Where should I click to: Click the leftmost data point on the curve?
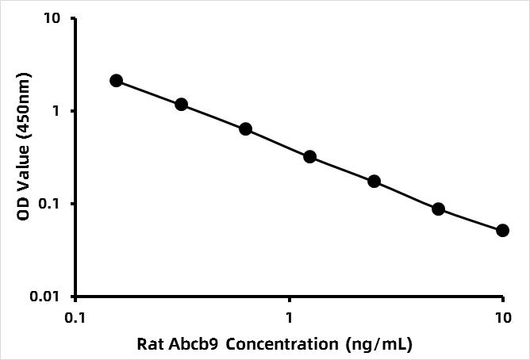coord(117,81)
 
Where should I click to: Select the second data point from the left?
coord(182,105)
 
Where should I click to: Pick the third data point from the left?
coord(245,129)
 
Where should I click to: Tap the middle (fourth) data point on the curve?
coord(309,157)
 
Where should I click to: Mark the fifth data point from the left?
coord(374,182)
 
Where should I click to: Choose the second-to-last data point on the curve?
coord(438,209)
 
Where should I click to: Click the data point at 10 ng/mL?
coord(502,231)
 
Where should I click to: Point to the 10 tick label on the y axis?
coord(52,18)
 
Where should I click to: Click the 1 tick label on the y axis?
coord(56,111)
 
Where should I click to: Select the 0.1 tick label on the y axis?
coord(48,204)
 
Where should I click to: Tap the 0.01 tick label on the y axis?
coord(44,297)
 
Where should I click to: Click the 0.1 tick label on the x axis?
coord(75,318)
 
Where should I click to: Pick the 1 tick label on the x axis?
coord(289,318)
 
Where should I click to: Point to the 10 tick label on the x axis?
coord(503,318)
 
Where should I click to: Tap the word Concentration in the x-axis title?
coord(282,344)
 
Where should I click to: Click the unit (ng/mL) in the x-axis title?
coord(379,345)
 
